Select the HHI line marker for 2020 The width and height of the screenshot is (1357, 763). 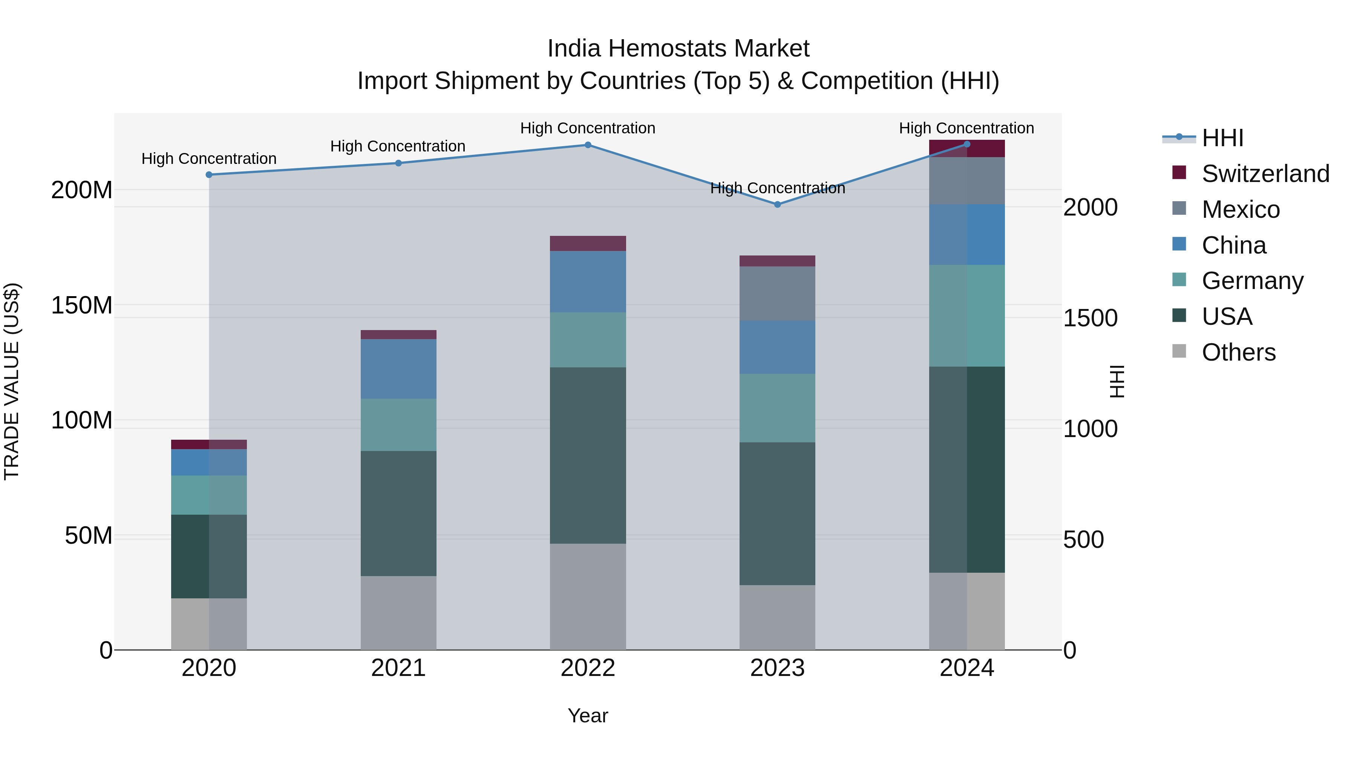(209, 175)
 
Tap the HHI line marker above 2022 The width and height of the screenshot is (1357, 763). (588, 145)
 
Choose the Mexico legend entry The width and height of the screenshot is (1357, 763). (1241, 209)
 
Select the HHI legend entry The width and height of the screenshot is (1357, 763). (1222, 138)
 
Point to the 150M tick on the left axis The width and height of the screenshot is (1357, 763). (82, 306)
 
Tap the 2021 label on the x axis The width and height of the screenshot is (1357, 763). (398, 668)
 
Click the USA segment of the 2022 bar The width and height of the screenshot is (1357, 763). (588, 456)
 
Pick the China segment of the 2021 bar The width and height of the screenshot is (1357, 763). (398, 369)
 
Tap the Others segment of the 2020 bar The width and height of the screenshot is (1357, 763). (209, 624)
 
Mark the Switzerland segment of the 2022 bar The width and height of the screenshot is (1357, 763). (588, 243)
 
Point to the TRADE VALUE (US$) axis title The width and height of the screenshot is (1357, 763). (12, 381)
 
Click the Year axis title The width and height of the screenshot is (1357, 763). (588, 716)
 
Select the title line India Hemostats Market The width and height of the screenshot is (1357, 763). (678, 49)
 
